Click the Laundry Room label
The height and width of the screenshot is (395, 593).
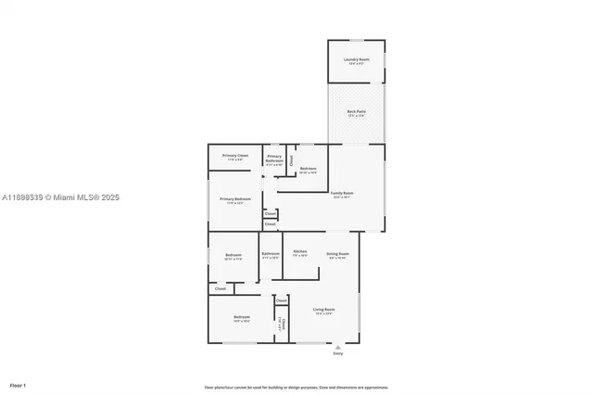[x=356, y=60]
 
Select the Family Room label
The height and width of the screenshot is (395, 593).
[x=342, y=195]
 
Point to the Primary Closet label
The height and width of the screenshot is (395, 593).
[x=235, y=157]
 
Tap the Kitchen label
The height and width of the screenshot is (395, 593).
[x=300, y=253]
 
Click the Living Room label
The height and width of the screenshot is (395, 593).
[x=323, y=311]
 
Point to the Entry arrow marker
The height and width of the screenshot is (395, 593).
[x=337, y=347]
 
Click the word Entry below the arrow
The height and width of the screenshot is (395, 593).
[x=337, y=354]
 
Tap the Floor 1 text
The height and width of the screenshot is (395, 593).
[x=18, y=385]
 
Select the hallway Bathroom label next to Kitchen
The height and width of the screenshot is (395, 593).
[x=271, y=255]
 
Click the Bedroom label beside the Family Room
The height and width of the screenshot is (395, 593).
[x=309, y=170]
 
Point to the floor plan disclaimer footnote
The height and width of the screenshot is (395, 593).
[x=296, y=388]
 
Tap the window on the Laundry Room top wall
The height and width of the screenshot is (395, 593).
[x=356, y=40]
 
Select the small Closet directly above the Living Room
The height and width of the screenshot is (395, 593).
[x=281, y=300]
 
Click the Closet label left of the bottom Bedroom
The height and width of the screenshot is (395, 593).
[x=221, y=288]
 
